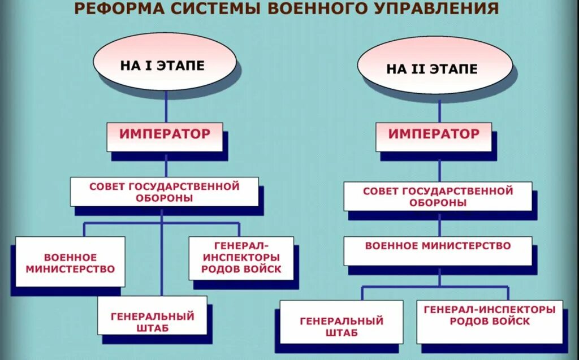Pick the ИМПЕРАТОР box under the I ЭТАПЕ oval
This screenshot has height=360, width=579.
pyautogui.click(x=165, y=136)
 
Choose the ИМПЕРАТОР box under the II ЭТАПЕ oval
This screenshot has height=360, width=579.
pyautogui.click(x=434, y=136)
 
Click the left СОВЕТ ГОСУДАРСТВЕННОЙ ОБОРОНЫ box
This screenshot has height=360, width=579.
pyautogui.click(x=165, y=192)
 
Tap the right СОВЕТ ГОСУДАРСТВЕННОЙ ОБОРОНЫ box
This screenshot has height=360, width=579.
pyautogui.click(x=438, y=196)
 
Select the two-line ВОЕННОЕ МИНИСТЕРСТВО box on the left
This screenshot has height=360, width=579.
pyautogui.click(x=70, y=262)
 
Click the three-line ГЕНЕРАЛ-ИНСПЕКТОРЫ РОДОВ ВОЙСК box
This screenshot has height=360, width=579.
pyautogui.click(x=240, y=257)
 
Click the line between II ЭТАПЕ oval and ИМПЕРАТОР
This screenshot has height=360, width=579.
pyautogui.click(x=440, y=107)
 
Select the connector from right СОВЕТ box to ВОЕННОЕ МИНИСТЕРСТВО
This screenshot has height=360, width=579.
pyautogui.click(x=440, y=224)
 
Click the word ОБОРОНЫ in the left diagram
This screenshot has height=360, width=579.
pyautogui.click(x=164, y=198)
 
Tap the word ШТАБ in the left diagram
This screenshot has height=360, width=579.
pyautogui.click(x=152, y=328)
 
